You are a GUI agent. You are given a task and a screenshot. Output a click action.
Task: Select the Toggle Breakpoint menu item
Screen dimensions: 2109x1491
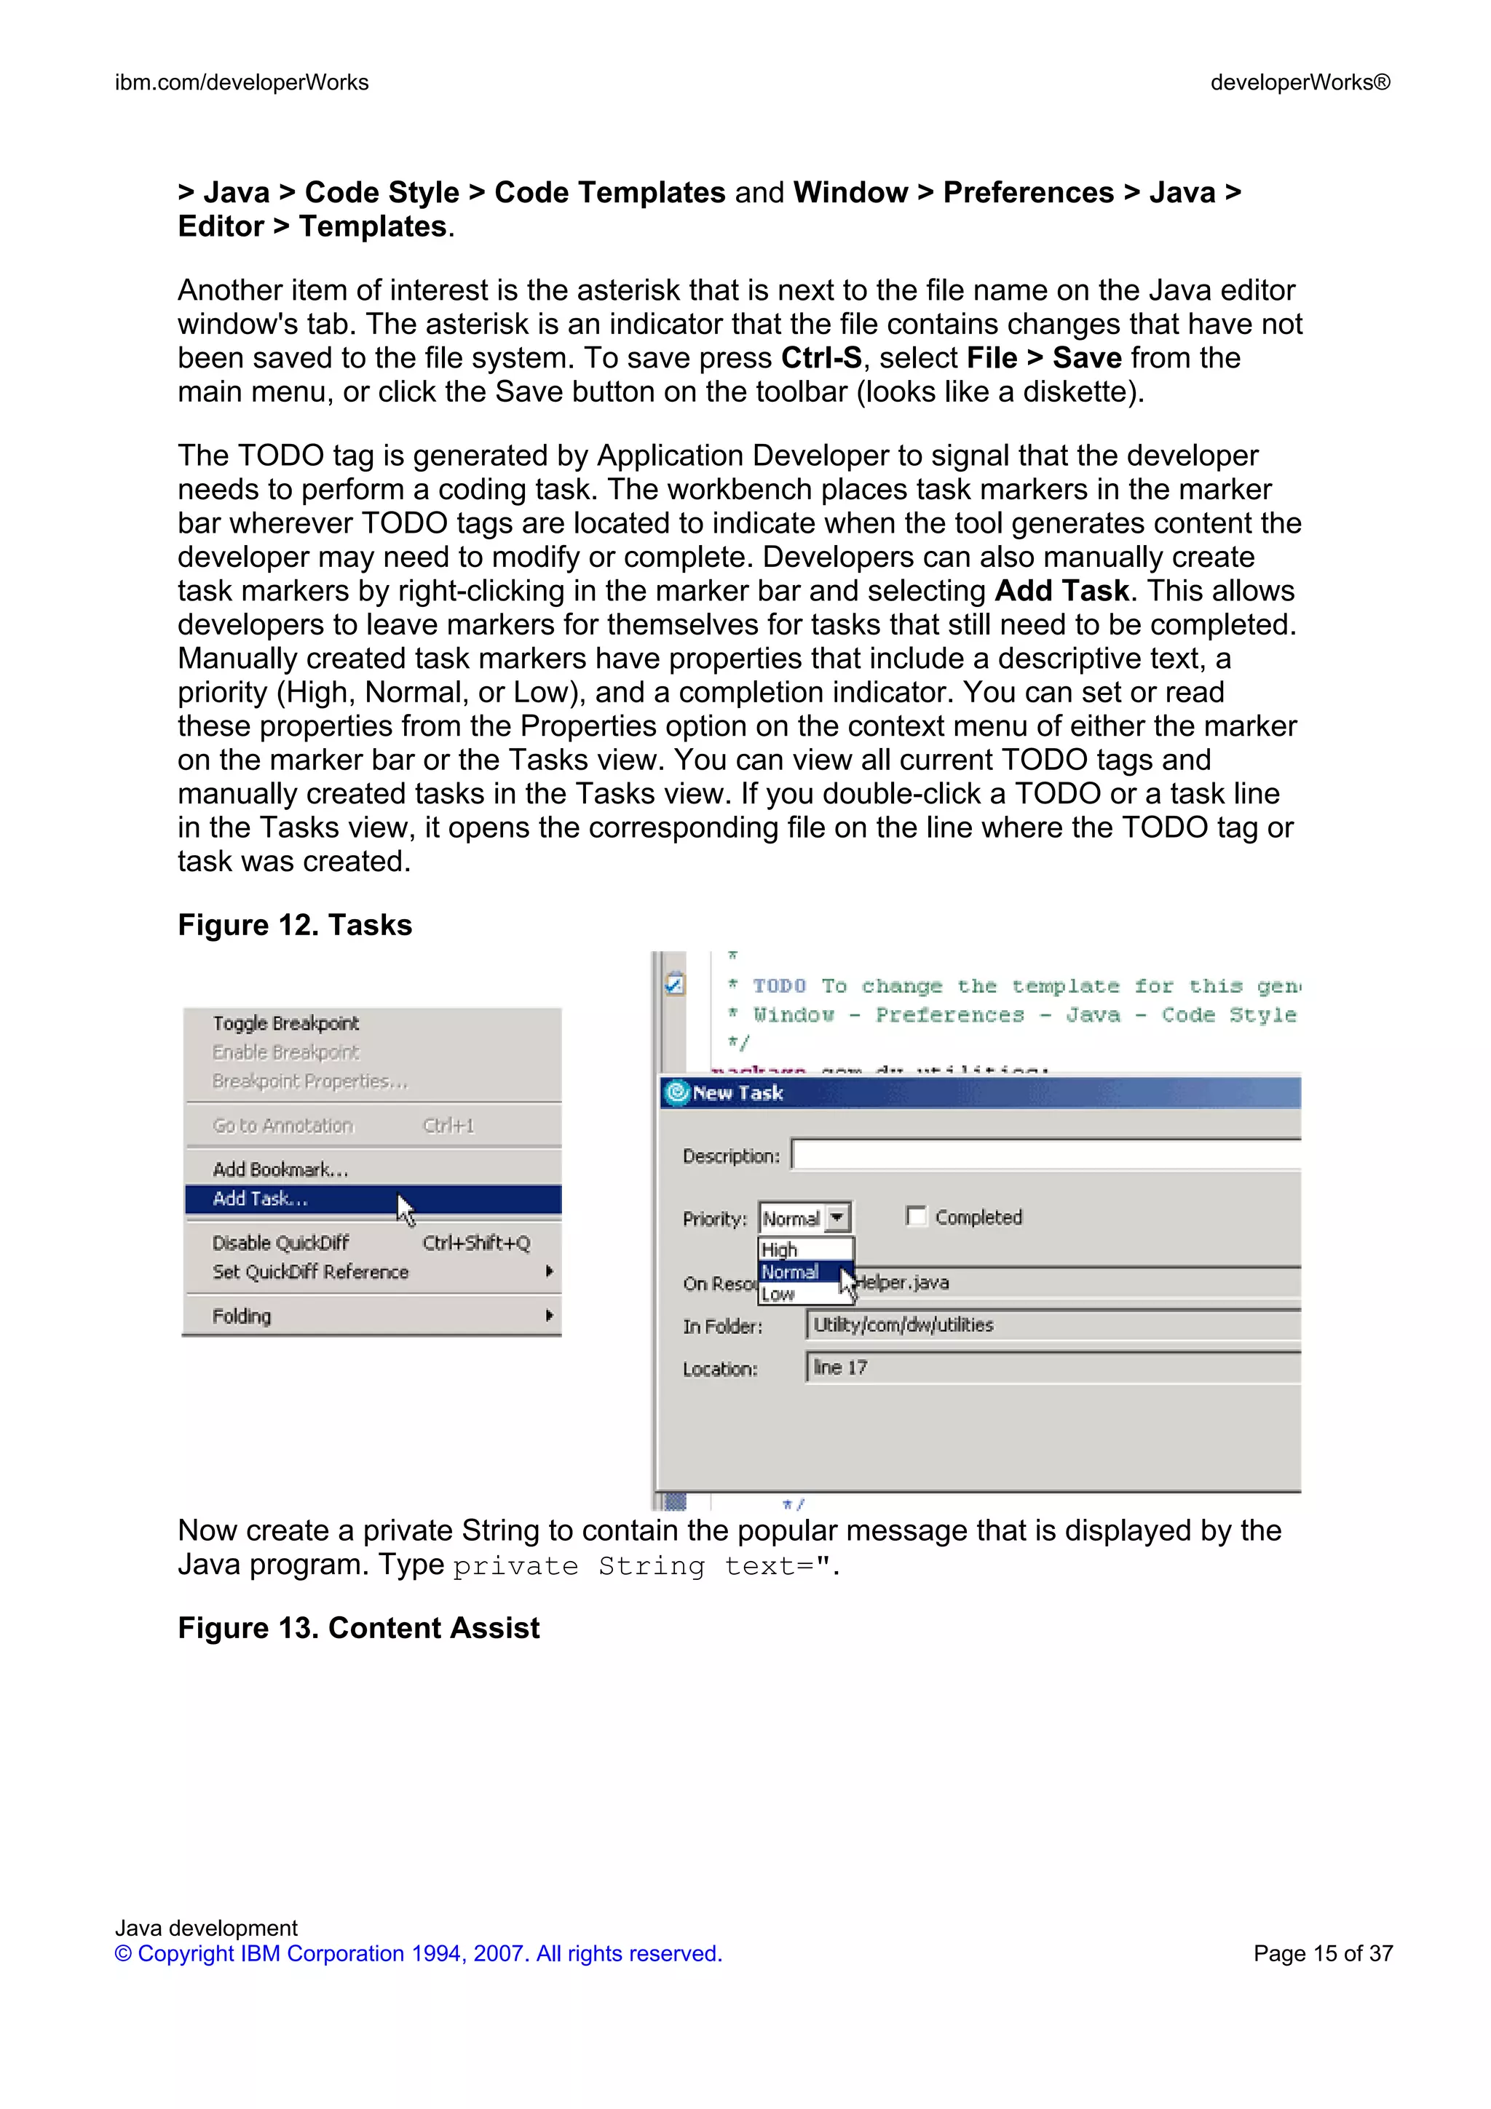[x=285, y=1023]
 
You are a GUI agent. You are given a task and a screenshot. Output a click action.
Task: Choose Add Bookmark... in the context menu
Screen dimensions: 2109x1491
[x=280, y=1169]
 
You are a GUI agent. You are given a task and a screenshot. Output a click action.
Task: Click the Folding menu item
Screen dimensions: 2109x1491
[x=242, y=1316]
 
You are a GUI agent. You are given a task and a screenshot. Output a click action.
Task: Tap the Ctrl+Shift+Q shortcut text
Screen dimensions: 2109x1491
[x=476, y=1243]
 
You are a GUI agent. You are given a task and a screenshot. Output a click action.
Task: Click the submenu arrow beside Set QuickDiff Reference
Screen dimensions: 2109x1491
[x=548, y=1271]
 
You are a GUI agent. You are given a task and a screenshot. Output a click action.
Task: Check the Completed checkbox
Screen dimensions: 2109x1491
[x=915, y=1216]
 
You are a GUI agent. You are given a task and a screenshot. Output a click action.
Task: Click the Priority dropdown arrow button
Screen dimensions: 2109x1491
[x=837, y=1218]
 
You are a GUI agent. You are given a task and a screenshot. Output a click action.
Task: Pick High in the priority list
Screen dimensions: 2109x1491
[x=779, y=1250]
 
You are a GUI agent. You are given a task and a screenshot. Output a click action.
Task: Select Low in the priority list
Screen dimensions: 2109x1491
[x=778, y=1294]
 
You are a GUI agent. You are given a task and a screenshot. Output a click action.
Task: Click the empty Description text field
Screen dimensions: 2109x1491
[x=1045, y=1155]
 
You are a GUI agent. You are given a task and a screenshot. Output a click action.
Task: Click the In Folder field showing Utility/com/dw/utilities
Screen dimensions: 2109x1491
[x=1052, y=1324]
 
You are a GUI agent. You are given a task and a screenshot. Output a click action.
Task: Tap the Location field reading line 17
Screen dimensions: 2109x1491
[x=1052, y=1367]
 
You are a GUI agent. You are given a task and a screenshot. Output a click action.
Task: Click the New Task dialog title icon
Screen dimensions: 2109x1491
[x=677, y=1092]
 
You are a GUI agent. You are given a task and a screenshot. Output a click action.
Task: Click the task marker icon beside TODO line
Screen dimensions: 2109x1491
[x=674, y=984]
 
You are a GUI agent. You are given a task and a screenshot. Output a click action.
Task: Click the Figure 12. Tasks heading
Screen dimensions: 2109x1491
[x=295, y=925]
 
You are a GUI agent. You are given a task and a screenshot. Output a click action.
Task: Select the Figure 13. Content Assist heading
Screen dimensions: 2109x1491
[x=358, y=1628]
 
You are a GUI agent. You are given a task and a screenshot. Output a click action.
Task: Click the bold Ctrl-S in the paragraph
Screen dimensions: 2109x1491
[x=820, y=357]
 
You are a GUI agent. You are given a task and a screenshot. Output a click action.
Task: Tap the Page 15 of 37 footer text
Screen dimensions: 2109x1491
[x=1322, y=1954]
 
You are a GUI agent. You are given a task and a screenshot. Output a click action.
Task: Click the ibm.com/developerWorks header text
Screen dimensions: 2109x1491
[x=242, y=83]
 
